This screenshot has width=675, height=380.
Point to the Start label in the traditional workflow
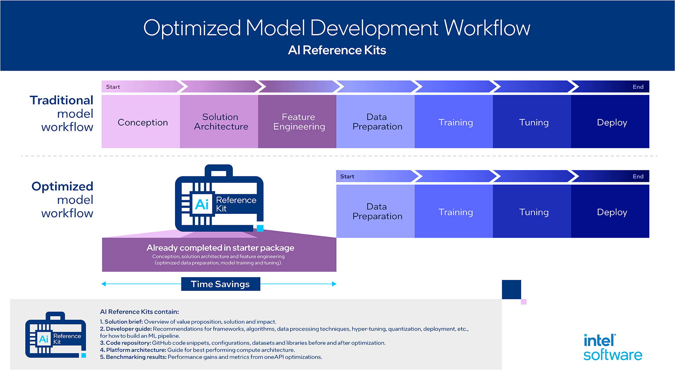[113, 87]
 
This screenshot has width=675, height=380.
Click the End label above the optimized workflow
[638, 177]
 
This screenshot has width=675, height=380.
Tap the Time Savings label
[220, 284]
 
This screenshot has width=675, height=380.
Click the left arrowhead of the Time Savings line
[104, 284]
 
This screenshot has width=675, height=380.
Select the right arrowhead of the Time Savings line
[334, 284]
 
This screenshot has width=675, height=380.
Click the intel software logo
[612, 348]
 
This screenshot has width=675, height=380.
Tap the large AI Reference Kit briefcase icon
[219, 199]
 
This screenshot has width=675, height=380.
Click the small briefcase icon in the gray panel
[56, 335]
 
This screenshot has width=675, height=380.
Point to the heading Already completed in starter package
[220, 248]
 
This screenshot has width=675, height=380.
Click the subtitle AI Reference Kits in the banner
[337, 50]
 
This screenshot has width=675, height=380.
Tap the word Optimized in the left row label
[62, 186]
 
